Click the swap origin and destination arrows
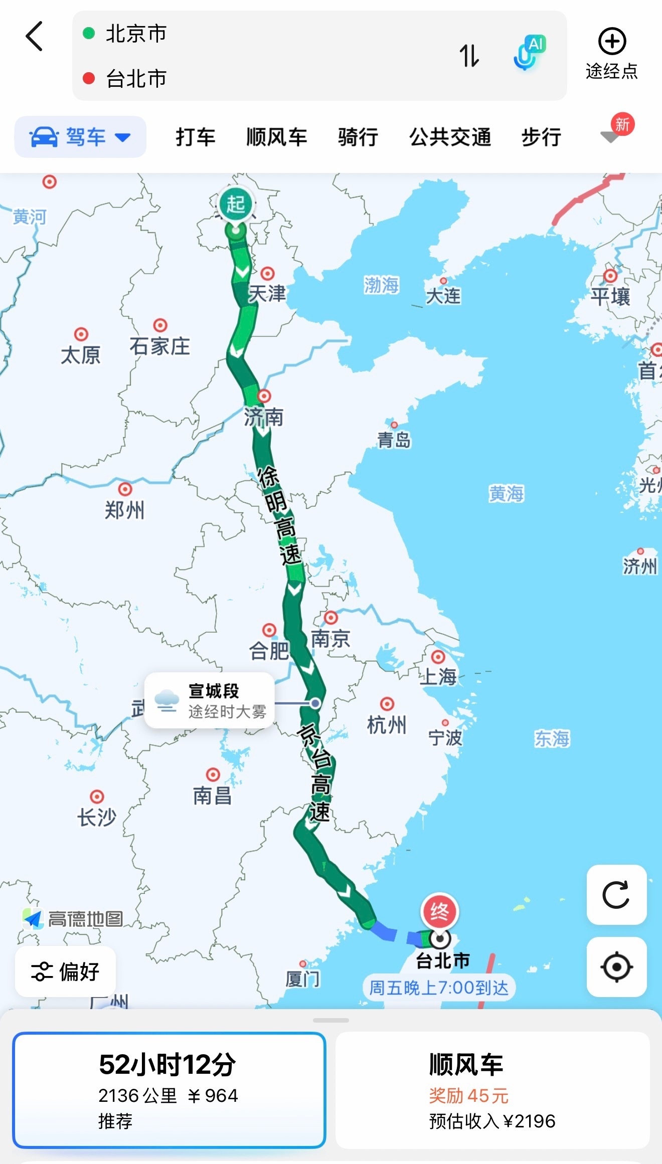(x=469, y=56)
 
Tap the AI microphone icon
(x=529, y=53)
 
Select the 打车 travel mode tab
(x=195, y=137)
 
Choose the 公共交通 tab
(x=450, y=137)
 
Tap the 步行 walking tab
(x=541, y=137)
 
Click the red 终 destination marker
(x=439, y=911)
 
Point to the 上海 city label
(x=438, y=677)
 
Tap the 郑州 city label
(x=124, y=510)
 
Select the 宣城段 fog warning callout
(x=210, y=700)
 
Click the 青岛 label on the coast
(x=394, y=440)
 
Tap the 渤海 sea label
(x=381, y=285)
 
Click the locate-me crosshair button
(x=616, y=966)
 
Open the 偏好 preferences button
(x=66, y=972)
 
